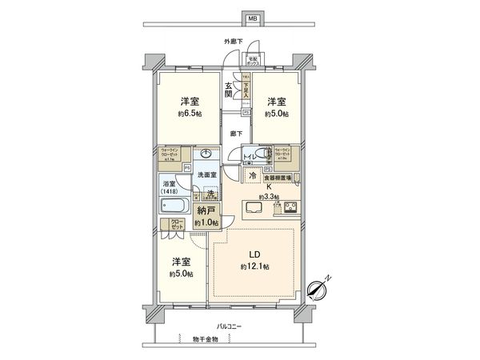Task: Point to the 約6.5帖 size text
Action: point(189,113)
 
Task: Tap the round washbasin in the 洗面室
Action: point(206,154)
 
